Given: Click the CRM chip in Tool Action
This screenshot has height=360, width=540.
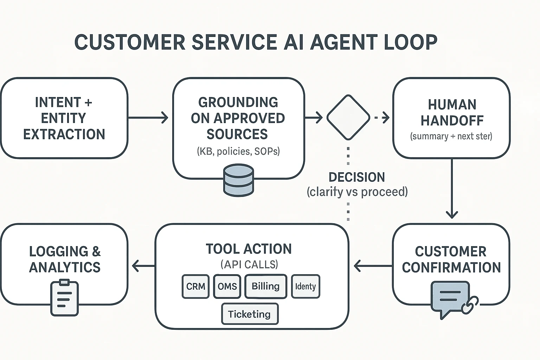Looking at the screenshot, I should [195, 287].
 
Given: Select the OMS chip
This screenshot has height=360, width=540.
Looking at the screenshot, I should [227, 287].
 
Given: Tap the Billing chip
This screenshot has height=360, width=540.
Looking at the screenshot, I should [266, 286].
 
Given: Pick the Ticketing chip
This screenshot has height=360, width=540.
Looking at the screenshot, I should [250, 314].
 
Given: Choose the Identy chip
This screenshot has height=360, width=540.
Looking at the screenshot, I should [306, 287].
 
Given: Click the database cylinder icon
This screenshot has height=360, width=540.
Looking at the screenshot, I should [238, 180].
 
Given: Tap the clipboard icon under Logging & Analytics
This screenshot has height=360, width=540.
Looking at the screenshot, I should [64, 298].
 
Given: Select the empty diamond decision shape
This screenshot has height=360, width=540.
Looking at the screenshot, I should [348, 117].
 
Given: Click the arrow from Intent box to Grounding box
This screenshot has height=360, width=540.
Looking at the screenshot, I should [148, 117].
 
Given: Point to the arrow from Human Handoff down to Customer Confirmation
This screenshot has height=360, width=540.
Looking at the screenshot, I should [452, 190].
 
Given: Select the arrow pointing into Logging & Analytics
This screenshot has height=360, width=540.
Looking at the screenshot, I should [143, 266].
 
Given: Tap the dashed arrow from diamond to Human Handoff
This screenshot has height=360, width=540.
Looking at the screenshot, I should [381, 117].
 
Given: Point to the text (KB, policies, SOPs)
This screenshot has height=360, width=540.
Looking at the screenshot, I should [238, 151].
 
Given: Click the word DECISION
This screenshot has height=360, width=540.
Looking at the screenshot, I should [356, 177].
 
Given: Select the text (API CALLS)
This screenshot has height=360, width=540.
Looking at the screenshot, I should [249, 264].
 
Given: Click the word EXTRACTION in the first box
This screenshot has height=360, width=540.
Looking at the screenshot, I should [64, 134].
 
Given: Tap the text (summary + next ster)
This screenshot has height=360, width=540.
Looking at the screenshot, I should [451, 136].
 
